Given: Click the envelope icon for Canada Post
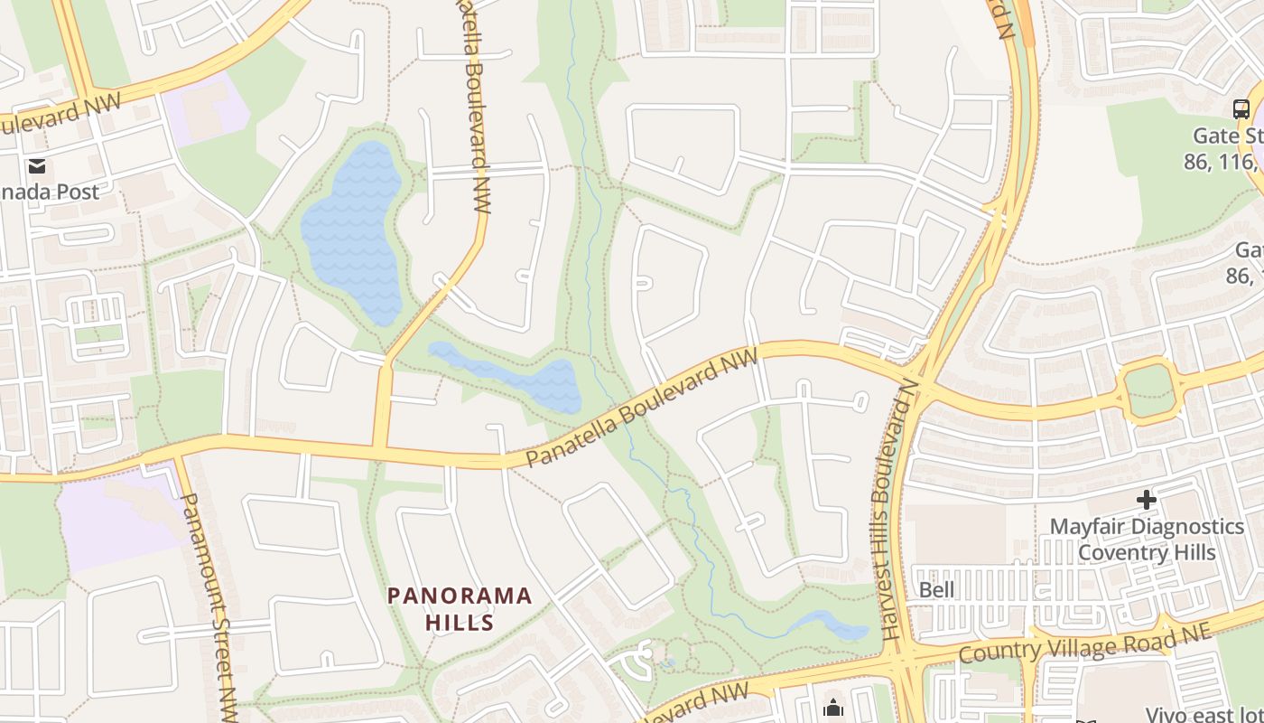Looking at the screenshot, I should pyautogui.click(x=37, y=166).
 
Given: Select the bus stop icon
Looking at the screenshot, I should pyautogui.click(x=1241, y=109).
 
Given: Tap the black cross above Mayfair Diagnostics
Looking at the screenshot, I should pyautogui.click(x=1146, y=499).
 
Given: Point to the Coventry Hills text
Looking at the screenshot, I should pyautogui.click(x=1147, y=551).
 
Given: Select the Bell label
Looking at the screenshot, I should pyautogui.click(x=936, y=590).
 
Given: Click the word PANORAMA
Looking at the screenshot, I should pyautogui.click(x=460, y=596).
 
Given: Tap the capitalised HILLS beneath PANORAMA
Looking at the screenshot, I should pyautogui.click(x=460, y=623).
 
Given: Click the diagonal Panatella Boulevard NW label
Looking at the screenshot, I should pyautogui.click(x=640, y=409).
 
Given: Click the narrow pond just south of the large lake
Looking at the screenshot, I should pyautogui.click(x=515, y=375).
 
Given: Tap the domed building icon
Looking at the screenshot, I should pyautogui.click(x=832, y=706).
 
